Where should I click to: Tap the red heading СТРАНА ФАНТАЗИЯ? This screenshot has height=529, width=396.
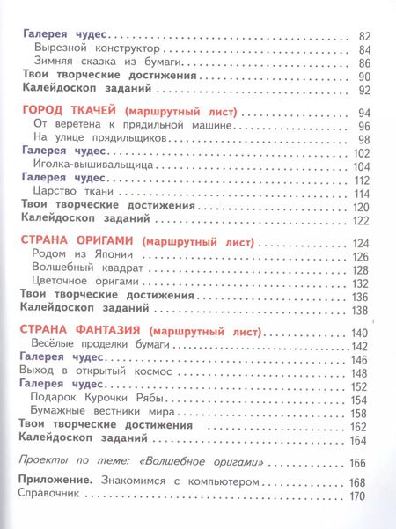72,332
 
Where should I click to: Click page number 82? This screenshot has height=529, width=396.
367,36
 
